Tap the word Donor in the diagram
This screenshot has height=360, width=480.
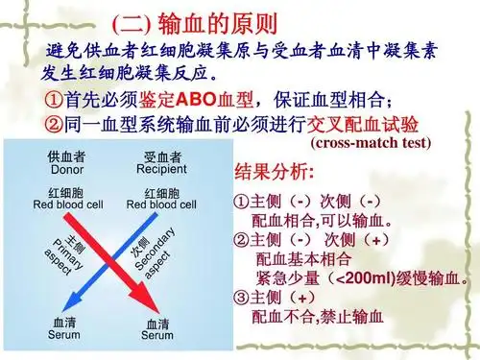66,170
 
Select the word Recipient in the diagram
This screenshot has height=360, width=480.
161,170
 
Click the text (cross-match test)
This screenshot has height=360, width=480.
371,144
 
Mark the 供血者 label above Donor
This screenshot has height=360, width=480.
66,156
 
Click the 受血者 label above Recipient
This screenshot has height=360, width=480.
161,156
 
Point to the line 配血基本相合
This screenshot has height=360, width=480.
303,259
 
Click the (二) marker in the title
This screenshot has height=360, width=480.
129,20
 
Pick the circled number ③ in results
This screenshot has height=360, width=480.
241,298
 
